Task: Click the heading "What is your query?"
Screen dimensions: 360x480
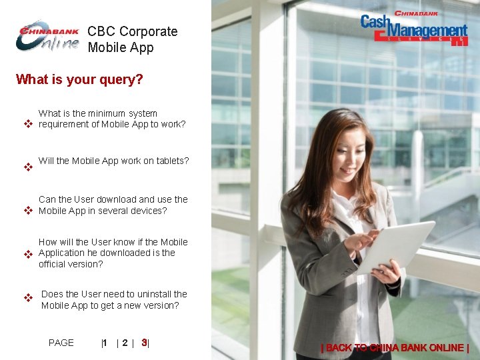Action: pyautogui.click(x=79, y=80)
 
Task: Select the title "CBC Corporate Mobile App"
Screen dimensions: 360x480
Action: pyautogui.click(x=132, y=39)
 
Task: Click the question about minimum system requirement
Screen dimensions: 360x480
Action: pyautogui.click(x=111, y=119)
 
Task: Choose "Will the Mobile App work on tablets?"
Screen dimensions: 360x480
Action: pyautogui.click(x=113, y=161)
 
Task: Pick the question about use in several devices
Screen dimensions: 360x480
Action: pyautogui.click(x=113, y=205)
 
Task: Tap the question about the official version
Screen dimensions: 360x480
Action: pyautogui.click(x=113, y=253)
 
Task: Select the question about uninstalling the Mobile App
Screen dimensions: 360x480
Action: pyautogui.click(x=114, y=299)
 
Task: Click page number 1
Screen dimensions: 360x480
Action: pyautogui.click(x=105, y=343)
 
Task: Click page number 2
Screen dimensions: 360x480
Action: pyautogui.click(x=125, y=343)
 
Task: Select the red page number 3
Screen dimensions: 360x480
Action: pyautogui.click(x=144, y=343)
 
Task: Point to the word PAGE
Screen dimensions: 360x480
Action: pyautogui.click(x=61, y=343)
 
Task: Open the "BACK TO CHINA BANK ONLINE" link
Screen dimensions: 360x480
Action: pyautogui.click(x=395, y=347)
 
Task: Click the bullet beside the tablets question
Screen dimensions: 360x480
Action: pyautogui.click(x=28, y=167)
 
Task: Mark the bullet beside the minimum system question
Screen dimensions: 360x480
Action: pyautogui.click(x=28, y=125)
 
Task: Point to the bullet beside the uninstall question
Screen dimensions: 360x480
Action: pyautogui.click(x=28, y=297)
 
